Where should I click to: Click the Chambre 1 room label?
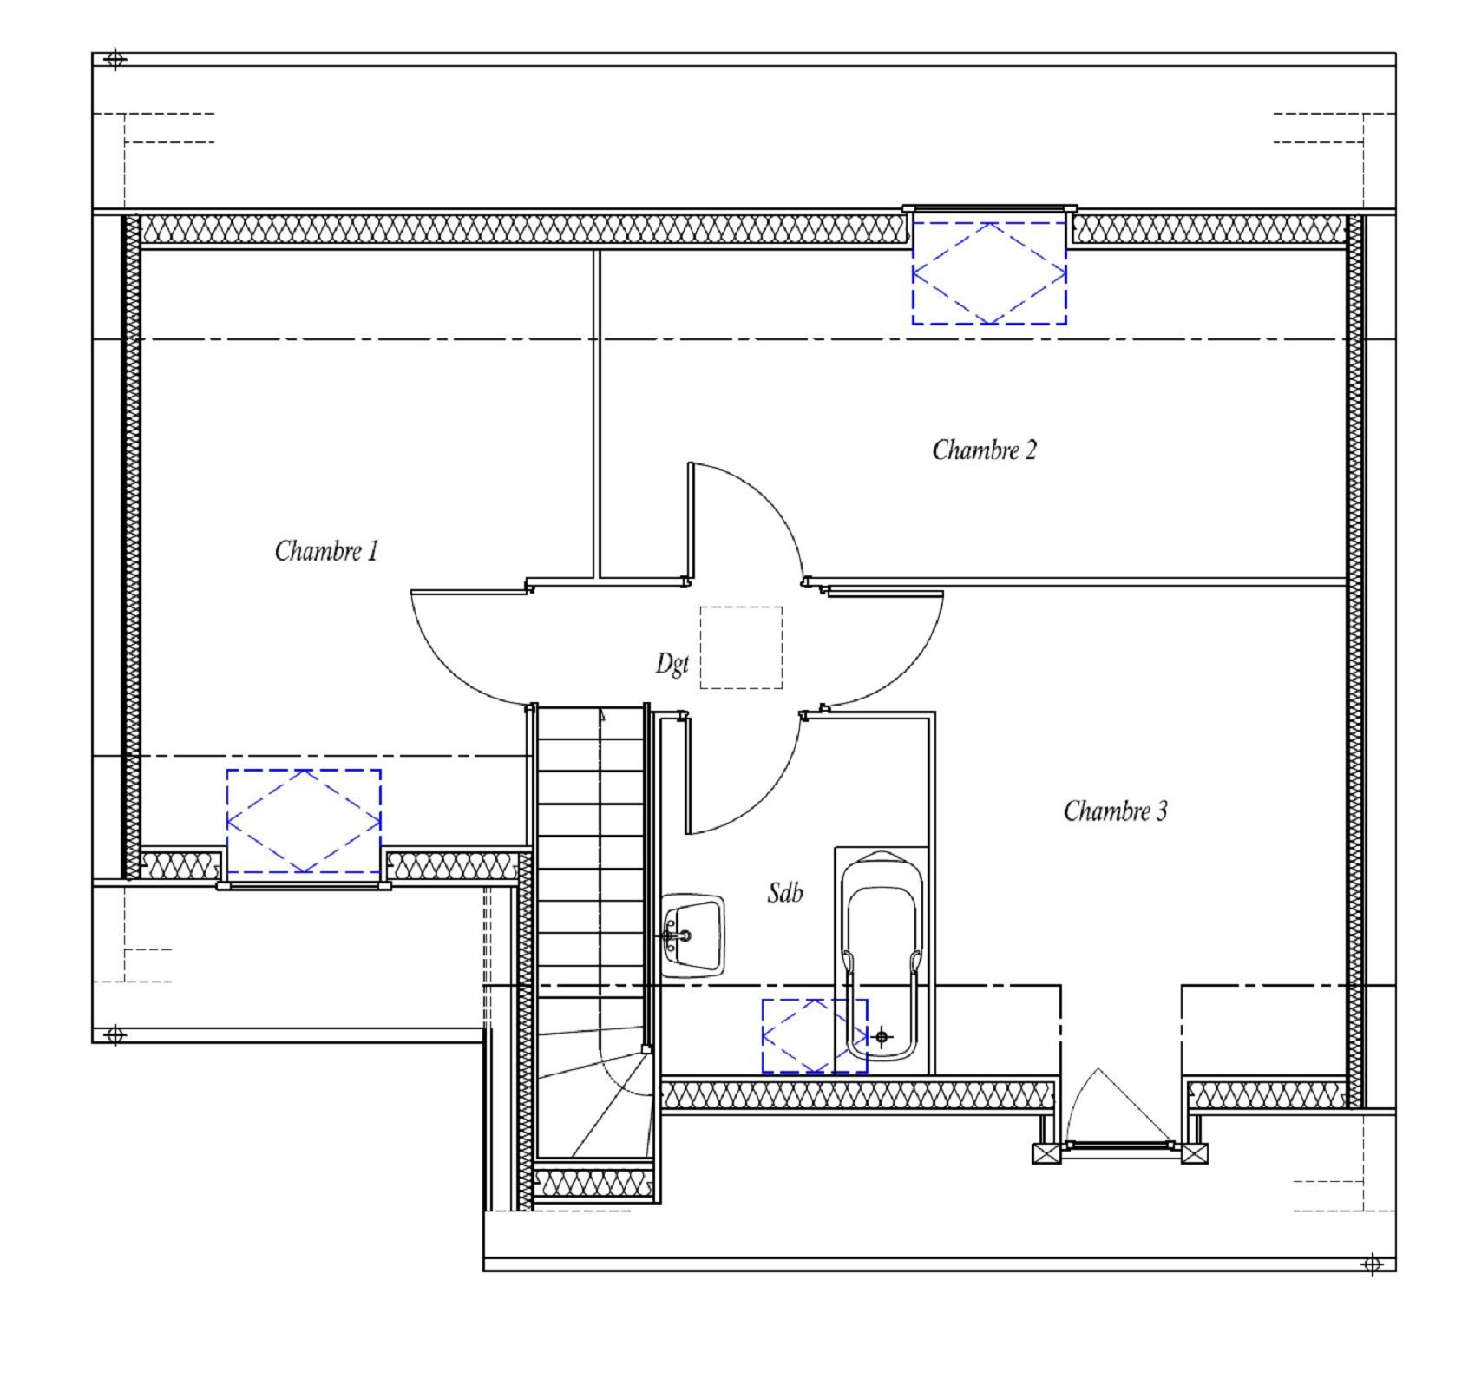click(x=327, y=551)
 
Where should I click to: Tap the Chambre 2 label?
click(x=985, y=450)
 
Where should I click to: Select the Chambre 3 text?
click(x=1116, y=811)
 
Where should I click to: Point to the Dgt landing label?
click(x=672, y=664)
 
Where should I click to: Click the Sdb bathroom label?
click(x=785, y=892)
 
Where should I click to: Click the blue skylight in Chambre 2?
click(x=989, y=272)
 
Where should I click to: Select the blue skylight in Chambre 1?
click(x=304, y=821)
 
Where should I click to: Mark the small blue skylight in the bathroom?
click(x=815, y=1035)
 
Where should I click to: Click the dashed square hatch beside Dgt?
click(x=741, y=647)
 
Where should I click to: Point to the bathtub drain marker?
click(x=882, y=1036)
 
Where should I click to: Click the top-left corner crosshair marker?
click(x=115, y=60)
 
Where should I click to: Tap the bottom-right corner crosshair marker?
click(x=1372, y=1264)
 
